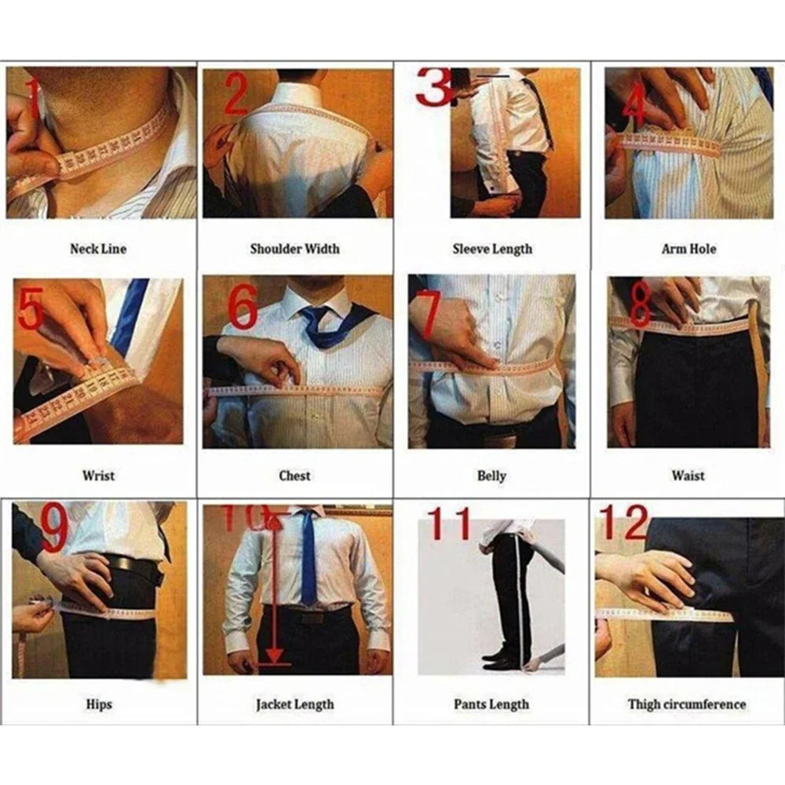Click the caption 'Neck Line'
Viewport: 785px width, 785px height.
pos(97,249)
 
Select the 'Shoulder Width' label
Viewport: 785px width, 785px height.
pos(294,249)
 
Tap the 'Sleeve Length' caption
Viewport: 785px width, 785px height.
pos(491,249)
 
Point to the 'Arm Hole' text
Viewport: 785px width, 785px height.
pos(688,249)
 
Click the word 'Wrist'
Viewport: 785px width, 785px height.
pos(98,475)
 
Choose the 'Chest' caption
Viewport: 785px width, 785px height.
pos(294,475)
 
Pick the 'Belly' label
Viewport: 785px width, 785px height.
pos(491,475)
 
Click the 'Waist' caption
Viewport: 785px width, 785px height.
pos(688,475)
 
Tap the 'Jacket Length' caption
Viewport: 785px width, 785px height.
pos(294,704)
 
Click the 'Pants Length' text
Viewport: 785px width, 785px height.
pos(491,704)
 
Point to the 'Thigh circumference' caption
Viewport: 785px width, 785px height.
pos(687,704)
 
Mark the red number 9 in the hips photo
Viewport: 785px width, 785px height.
pos(54,529)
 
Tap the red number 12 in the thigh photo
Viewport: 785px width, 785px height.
pos(624,522)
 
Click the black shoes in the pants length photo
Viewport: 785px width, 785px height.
pos(501,659)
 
